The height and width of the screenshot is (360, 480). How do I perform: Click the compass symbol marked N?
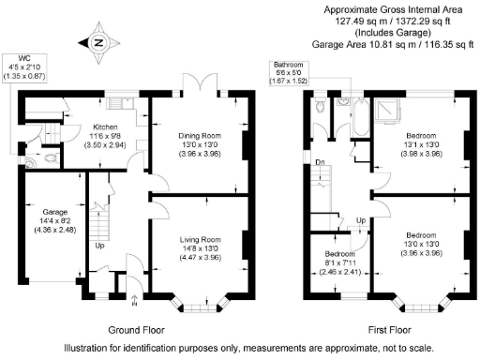click(100, 42)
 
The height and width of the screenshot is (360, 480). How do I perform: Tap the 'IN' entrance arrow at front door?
click(133, 300)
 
